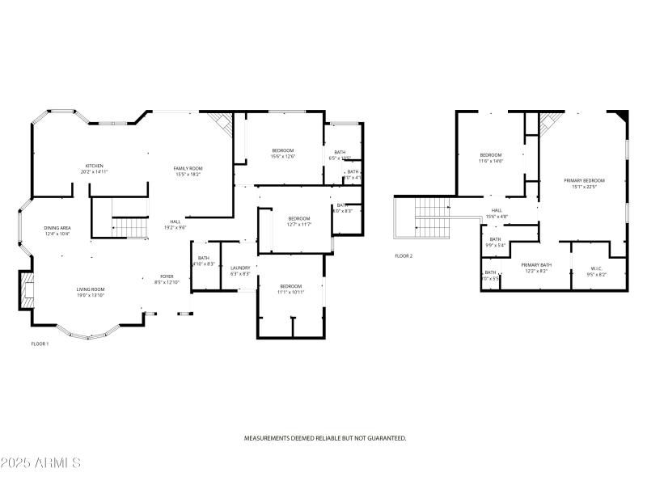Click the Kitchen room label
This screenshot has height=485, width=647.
95,166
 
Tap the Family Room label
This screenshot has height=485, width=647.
188,168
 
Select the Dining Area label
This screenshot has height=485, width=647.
57,228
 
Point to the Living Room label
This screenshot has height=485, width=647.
91,289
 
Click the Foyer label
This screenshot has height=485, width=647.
166,276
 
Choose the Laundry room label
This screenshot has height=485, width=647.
240,268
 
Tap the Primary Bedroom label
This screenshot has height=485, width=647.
588,180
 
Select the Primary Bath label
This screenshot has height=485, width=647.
535,264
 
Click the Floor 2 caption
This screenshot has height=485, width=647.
404,255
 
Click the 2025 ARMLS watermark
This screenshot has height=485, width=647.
40,463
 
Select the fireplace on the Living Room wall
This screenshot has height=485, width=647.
27,289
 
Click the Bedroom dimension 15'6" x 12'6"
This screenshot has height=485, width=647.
282,156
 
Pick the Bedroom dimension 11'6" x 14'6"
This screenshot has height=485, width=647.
491,161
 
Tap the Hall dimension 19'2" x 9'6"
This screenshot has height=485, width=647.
175,228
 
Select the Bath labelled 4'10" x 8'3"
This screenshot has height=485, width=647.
204,264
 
